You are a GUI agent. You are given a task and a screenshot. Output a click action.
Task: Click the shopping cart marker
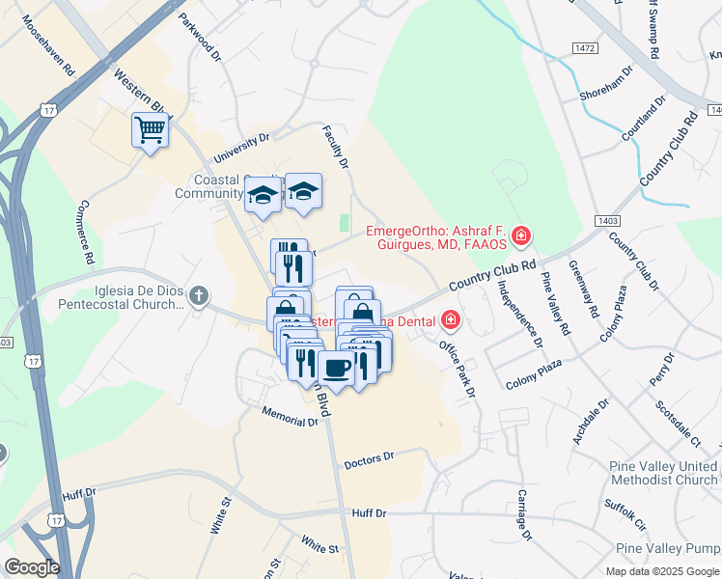pyautogui.click(x=150, y=128)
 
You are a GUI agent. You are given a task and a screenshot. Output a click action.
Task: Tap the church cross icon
pyautogui.click(x=198, y=295)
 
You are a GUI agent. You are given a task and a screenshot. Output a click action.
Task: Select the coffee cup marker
pyautogui.click(x=336, y=367)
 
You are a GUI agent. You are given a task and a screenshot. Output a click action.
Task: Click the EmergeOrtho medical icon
pyautogui.click(x=521, y=235)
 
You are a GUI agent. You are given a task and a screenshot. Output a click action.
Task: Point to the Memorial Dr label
pyautogui.click(x=289, y=416)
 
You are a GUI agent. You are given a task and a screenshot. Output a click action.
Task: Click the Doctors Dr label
pyautogui.click(x=369, y=460)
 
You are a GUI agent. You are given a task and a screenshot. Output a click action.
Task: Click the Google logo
pyautogui.click(x=32, y=567)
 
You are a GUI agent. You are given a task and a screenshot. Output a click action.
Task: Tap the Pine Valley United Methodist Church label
pyautogui.click(x=663, y=473)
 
